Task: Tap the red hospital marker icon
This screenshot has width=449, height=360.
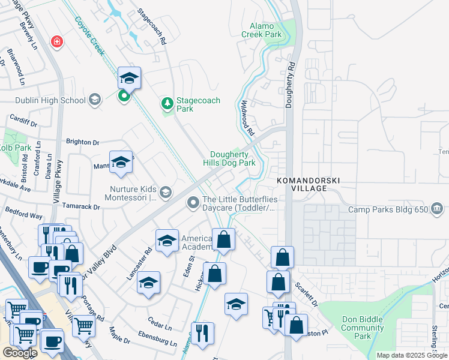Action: [56, 41]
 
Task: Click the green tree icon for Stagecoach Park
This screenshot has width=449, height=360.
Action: [167, 105]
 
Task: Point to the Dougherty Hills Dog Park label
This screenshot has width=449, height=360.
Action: [233, 158]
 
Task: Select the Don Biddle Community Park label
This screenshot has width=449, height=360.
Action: [363, 328]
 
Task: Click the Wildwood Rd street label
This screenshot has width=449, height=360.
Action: [248, 117]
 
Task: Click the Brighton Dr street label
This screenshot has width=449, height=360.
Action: [83, 143]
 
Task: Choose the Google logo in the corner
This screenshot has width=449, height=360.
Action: [20, 353]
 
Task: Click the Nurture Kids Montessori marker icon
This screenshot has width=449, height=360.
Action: [166, 192]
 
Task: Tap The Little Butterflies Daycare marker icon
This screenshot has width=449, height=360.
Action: [193, 203]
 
